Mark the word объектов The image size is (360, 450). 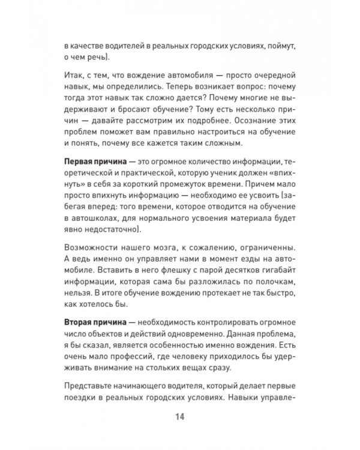[x=110, y=335]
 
